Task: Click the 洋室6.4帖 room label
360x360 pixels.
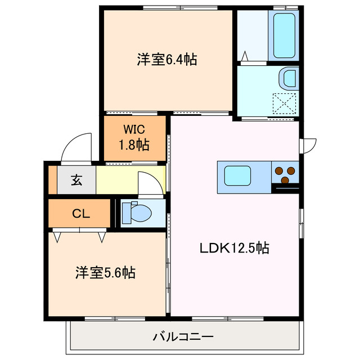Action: click(x=166, y=59)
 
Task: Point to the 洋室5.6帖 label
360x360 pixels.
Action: click(x=105, y=273)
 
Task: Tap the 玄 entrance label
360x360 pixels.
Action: click(x=75, y=181)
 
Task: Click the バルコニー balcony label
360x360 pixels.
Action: click(x=183, y=337)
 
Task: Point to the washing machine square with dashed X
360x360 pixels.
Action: click(x=285, y=103)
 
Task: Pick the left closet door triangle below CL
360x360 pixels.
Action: click(x=57, y=236)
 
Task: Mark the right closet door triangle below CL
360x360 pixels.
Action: click(x=102, y=236)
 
